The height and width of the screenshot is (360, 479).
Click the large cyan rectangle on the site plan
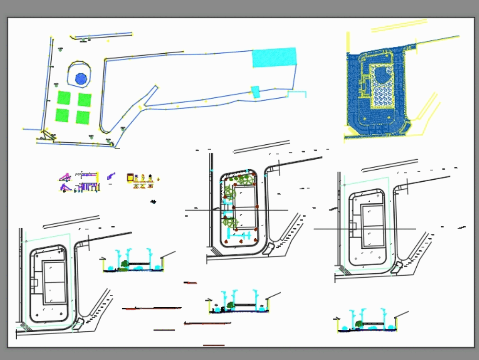pos(274,58)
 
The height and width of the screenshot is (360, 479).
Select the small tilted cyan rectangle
pos(255,92)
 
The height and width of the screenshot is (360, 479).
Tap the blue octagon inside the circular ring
pos(81,78)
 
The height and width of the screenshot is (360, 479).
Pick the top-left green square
pos(64,98)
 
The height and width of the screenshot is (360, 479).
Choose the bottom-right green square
pos(83,117)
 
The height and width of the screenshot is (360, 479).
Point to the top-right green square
pos(85,100)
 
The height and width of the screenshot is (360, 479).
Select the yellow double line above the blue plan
pos(399,26)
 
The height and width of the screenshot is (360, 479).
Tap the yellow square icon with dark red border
pos(130,178)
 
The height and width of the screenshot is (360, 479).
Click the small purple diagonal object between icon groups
pos(111,177)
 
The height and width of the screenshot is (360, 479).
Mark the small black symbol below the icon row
pos(153,202)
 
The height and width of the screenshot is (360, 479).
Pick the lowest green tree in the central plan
pos(230,222)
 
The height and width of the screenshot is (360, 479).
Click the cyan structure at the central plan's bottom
pos(239,235)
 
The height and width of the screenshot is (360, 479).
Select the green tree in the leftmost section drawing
pos(125,263)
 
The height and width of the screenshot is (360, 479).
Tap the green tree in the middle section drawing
pos(231,304)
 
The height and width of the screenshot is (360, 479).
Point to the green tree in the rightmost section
pos(359,324)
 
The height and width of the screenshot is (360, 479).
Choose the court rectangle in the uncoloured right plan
pos(372,226)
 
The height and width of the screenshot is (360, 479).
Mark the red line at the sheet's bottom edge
pos(214,345)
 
